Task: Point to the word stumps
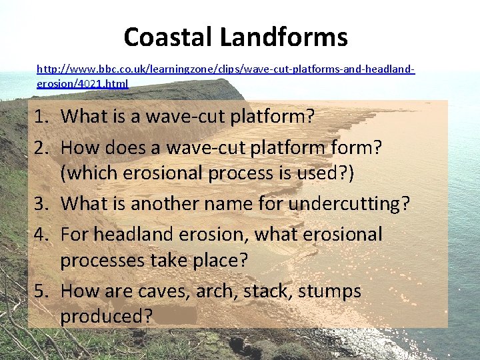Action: click(x=330, y=291)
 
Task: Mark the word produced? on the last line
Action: click(x=107, y=315)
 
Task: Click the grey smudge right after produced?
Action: click(x=175, y=315)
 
